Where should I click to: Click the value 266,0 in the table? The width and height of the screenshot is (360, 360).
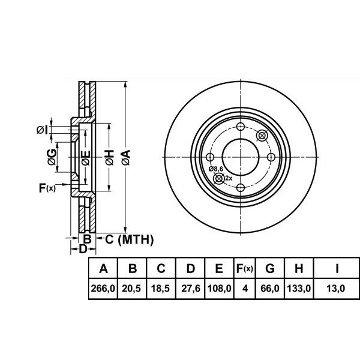coord(103,289)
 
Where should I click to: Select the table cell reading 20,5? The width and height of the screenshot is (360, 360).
coord(131,289)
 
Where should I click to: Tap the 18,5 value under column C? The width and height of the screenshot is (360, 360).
coord(160,289)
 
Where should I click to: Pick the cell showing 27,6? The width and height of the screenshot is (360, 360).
coord(191,289)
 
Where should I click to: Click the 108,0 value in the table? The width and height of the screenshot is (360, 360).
coord(219,289)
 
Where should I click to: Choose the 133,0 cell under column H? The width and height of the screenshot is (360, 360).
coord(299,289)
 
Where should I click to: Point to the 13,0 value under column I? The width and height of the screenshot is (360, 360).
coord(335,289)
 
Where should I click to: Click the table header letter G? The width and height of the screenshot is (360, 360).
coord(270,268)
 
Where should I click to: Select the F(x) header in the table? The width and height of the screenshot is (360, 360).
coord(245,268)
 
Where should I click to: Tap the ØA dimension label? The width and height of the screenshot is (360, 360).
coord(126,157)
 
